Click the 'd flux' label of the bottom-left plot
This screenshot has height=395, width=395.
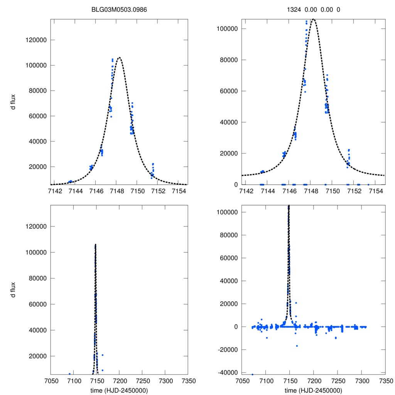coord(13,290)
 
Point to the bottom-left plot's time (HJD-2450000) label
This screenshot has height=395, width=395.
coord(119,390)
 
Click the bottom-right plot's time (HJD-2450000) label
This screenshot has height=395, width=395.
coord(314,390)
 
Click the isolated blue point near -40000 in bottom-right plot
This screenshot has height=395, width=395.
coord(252,375)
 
